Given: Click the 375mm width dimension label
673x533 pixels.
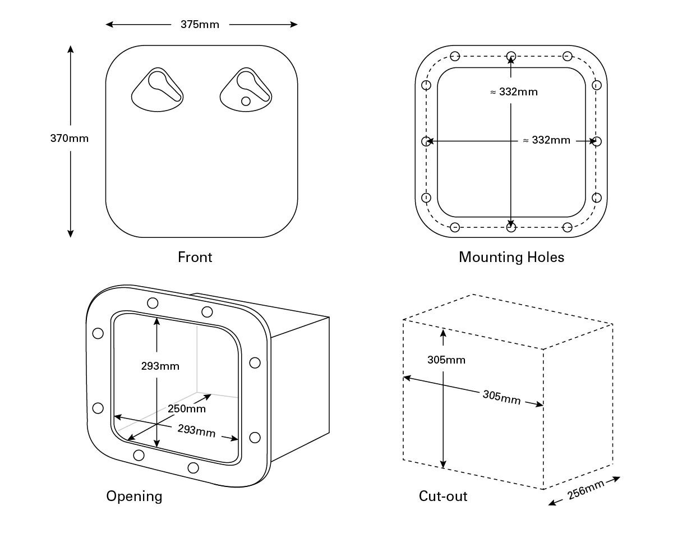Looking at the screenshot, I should coord(200,24).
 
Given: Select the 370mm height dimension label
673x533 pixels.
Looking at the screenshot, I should coord(70,138).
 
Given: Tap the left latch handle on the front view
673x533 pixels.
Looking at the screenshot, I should coord(158,86).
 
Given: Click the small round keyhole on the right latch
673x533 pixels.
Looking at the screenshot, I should coord(245,101).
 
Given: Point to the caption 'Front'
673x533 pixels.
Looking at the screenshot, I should coord(195,258).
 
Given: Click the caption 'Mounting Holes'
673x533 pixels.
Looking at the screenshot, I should coord(511,258).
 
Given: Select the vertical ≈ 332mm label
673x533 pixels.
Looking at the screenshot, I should coord(514,92).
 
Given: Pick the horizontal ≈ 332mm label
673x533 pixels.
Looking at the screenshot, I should coord(546,140).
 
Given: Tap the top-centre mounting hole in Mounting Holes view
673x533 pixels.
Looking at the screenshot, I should coord(511,56).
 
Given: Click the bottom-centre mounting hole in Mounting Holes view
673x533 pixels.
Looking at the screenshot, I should coord(511,227).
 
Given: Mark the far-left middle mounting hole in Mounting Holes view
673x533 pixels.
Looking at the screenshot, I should coord(426,141).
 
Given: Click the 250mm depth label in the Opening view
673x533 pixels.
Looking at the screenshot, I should coord(187,408).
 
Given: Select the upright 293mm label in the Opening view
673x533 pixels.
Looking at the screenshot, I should coord(160,366).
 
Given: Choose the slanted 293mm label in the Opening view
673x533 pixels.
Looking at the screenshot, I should coord(196,431).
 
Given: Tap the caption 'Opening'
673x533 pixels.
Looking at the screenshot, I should coord(134,497).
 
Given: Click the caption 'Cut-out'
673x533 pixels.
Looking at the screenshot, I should coord(443,497).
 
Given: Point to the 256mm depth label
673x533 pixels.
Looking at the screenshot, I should coord(586,489).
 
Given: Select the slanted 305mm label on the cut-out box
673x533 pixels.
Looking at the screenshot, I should coord(501,397).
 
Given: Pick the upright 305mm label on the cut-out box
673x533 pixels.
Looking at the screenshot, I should coord(446,360).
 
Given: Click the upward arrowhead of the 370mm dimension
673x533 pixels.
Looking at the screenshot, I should coord(71,49).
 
